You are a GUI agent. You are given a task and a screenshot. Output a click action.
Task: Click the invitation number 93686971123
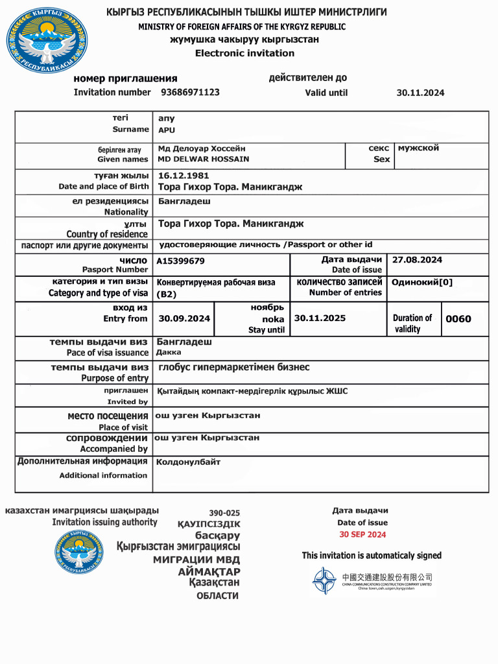coord(190,92)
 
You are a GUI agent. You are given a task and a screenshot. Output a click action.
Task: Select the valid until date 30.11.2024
coord(420,93)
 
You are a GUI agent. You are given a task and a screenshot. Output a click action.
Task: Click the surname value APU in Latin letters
coord(167,130)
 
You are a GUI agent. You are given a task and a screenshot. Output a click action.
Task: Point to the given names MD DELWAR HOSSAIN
coord(204,159)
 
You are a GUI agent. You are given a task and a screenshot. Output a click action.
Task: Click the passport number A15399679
coord(181,261)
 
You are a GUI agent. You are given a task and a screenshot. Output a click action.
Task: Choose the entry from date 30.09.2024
coord(184,318)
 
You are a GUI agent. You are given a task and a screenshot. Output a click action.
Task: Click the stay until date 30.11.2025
coord(320,318)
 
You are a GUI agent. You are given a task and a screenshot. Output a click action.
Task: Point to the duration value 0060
coord(458,318)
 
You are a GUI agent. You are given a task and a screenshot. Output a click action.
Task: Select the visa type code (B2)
coord(167,294)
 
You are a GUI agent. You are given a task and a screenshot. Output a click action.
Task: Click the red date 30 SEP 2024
coord(362,534)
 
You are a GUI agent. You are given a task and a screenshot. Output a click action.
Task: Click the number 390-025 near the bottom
coord(224,513)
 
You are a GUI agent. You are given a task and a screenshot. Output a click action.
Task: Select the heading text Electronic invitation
coord(244,53)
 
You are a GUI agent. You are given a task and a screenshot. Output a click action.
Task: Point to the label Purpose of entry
coord(114,378)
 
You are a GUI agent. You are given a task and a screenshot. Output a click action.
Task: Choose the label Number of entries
coord(346,292)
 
